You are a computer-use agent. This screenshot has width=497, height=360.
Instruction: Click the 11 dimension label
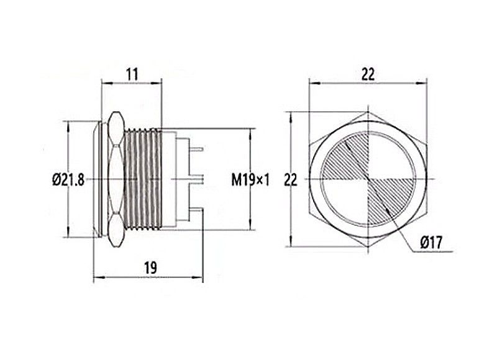click(x=131, y=73)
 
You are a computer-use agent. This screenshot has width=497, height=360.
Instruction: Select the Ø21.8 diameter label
click(x=68, y=181)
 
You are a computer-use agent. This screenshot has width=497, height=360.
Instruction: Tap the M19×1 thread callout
click(x=251, y=181)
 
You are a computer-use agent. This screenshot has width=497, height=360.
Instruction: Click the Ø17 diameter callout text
click(x=431, y=243)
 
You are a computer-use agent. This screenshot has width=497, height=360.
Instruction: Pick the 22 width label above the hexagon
click(x=368, y=74)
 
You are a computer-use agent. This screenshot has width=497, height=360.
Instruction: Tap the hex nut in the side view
click(x=114, y=181)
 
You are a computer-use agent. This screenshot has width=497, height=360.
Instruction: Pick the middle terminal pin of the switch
click(x=199, y=180)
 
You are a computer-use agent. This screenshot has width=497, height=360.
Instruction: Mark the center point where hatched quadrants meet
click(x=368, y=181)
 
